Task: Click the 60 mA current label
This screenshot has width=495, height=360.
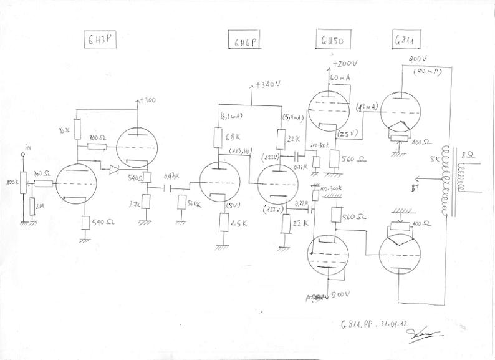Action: point(342,77)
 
